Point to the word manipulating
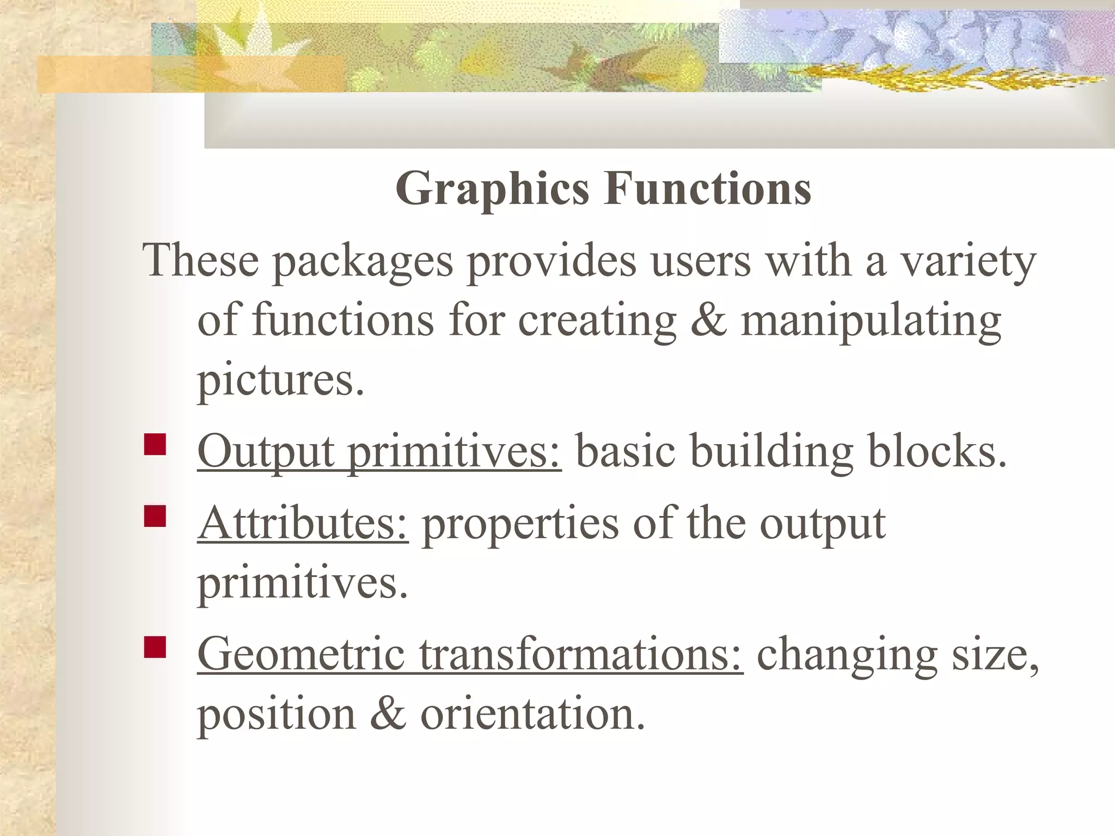pyautogui.click(x=871, y=321)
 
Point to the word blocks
pyautogui.click(x=937, y=452)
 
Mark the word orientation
pyautogui.click(x=532, y=714)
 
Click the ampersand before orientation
pyautogui.click(x=388, y=714)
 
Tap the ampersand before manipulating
pyautogui.click(x=708, y=321)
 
